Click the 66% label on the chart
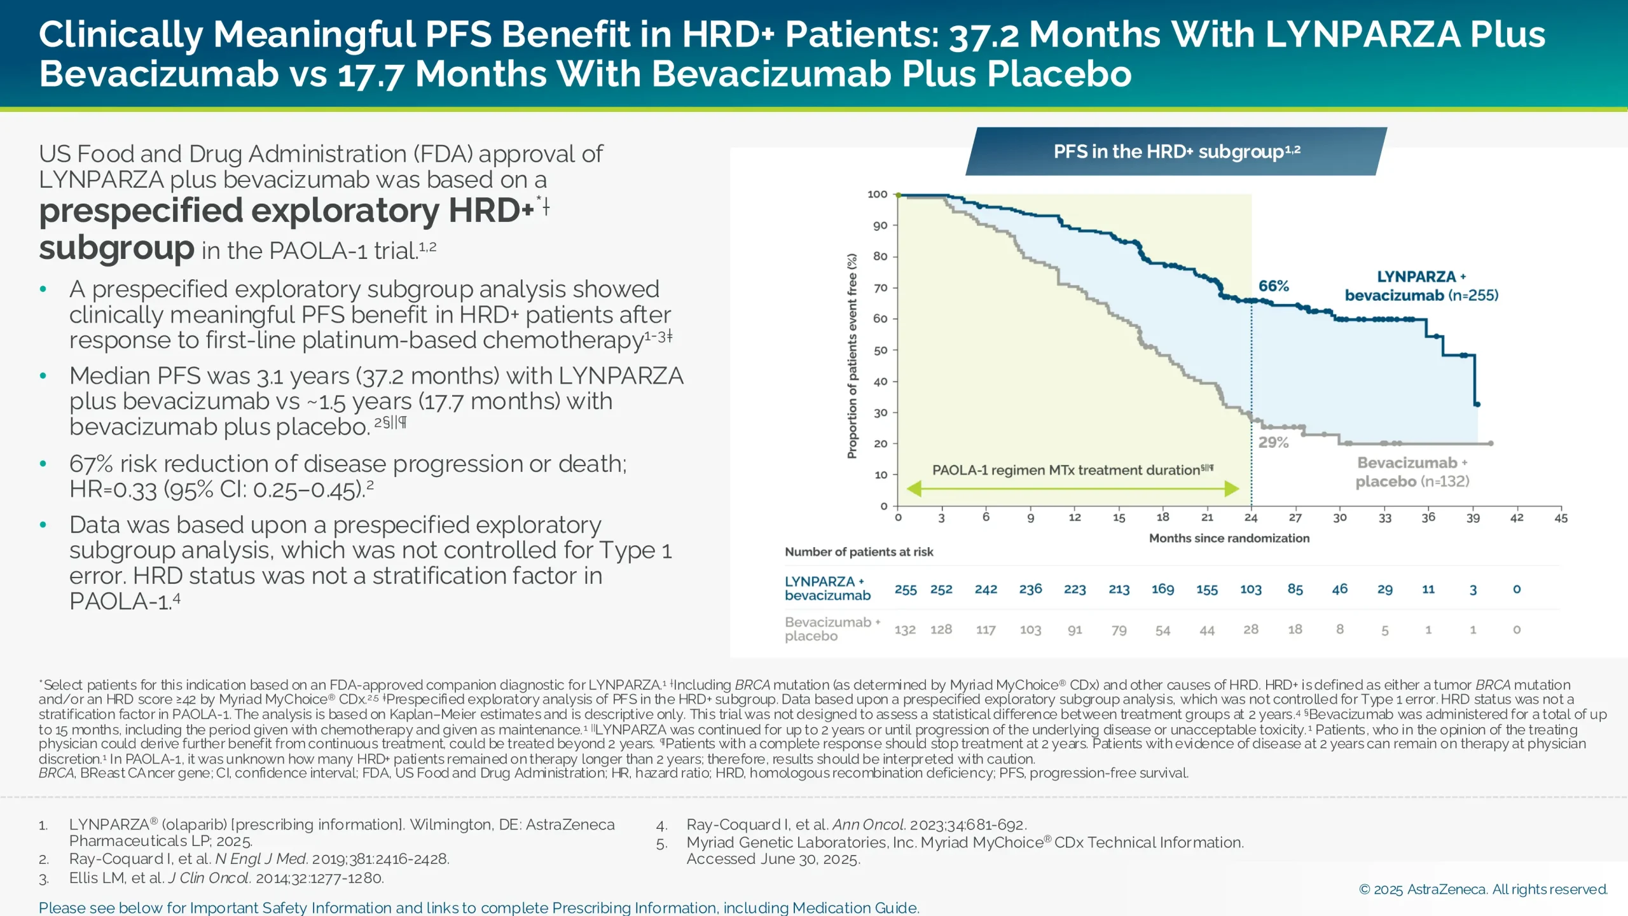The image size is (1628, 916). pyautogui.click(x=1273, y=286)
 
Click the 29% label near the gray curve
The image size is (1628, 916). pyautogui.click(x=1273, y=443)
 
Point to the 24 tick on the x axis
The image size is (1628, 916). pyautogui.click(x=1251, y=518)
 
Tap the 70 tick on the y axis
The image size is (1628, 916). pyautogui.click(x=880, y=288)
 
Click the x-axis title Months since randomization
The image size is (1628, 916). pyautogui.click(x=1229, y=538)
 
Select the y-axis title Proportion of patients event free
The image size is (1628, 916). pyautogui.click(x=852, y=356)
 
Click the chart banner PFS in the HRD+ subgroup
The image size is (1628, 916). pyautogui.click(x=1176, y=151)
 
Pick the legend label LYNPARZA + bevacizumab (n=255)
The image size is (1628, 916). pyautogui.click(x=1421, y=286)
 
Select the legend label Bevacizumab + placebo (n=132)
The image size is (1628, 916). pyautogui.click(x=1412, y=472)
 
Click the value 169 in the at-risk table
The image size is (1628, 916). pyautogui.click(x=1162, y=589)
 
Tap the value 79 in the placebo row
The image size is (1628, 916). pyautogui.click(x=1119, y=630)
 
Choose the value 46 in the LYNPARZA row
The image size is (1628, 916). pyautogui.click(x=1339, y=589)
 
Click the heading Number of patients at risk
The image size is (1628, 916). pyautogui.click(x=859, y=552)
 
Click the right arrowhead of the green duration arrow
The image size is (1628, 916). pyautogui.click(x=1232, y=489)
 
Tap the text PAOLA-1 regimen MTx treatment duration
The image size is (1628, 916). pyautogui.click(x=1066, y=470)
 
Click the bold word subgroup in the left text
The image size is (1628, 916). pyautogui.click(x=116, y=248)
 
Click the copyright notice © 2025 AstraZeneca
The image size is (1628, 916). pyautogui.click(x=1482, y=889)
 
